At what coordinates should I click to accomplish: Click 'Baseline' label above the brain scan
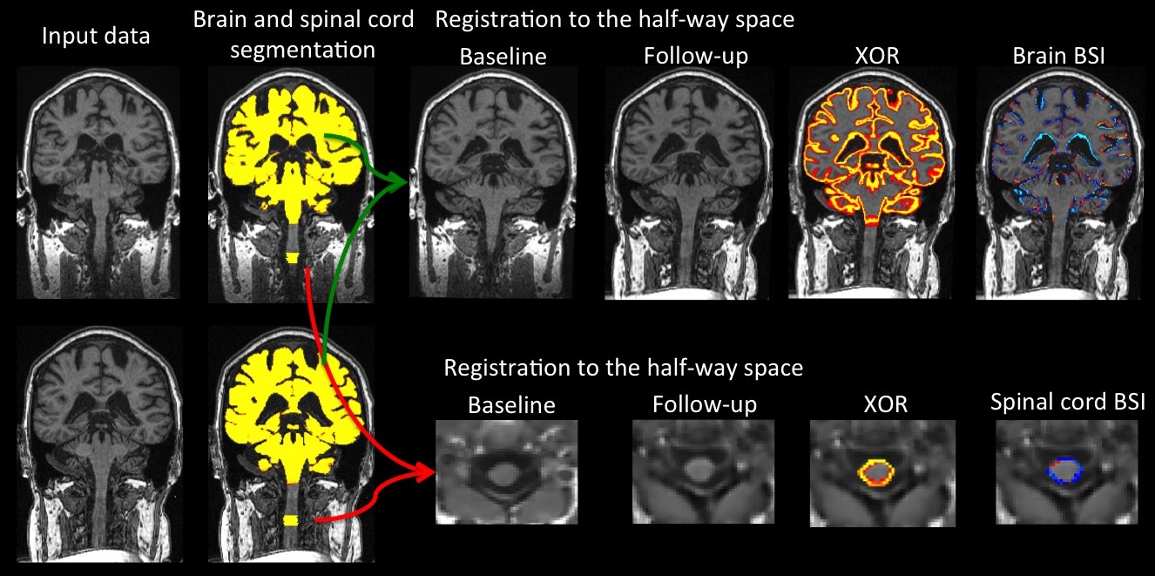coord(503,58)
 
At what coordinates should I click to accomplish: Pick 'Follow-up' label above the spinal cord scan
coord(704,405)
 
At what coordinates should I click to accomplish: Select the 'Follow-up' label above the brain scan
coord(696,58)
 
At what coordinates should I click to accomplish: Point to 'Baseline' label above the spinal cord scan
coord(510,406)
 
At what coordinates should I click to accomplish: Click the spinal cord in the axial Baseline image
coord(503,473)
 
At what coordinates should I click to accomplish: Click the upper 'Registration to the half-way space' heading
coord(614,19)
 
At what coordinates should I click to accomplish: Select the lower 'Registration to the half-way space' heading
coord(623,367)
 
